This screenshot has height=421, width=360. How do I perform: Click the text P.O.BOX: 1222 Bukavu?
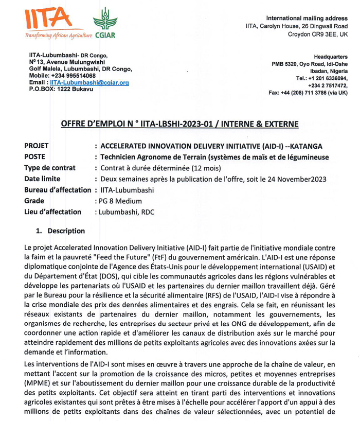pos(61,89)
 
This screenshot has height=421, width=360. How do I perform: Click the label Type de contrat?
pos(50,168)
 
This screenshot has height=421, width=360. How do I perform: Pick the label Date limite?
pos(42,179)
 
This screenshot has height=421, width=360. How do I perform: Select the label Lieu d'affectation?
pos(52,212)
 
